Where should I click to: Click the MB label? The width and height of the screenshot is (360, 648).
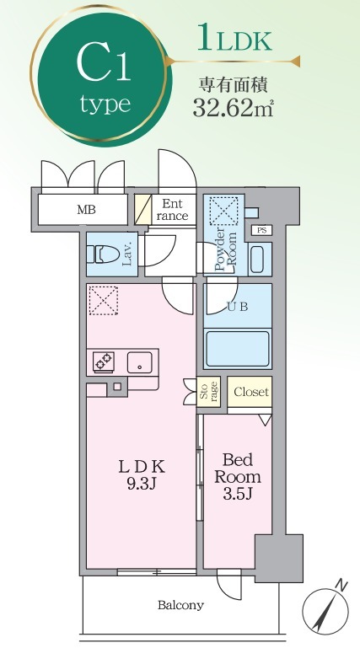pyautogui.click(x=86, y=210)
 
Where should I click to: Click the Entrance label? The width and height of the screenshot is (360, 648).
pyautogui.click(x=172, y=210)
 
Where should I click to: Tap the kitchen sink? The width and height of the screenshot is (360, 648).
pyautogui.click(x=137, y=362)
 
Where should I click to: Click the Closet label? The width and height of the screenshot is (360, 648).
pyautogui.click(x=250, y=393)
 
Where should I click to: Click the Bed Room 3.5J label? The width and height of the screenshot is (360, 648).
pyautogui.click(x=239, y=476)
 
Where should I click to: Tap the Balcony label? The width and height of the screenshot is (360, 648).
pyautogui.click(x=180, y=605)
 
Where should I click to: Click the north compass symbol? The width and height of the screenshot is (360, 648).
pyautogui.click(x=325, y=608)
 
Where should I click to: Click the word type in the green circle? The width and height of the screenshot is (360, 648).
pyautogui.click(x=105, y=104)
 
